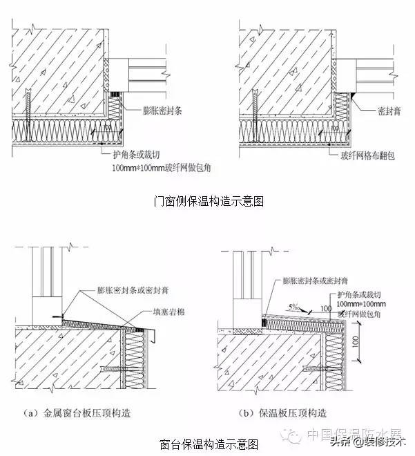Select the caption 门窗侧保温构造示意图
point(208,201)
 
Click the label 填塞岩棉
point(171,312)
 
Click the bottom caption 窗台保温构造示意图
point(208,442)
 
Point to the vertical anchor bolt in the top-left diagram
point(29,111)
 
